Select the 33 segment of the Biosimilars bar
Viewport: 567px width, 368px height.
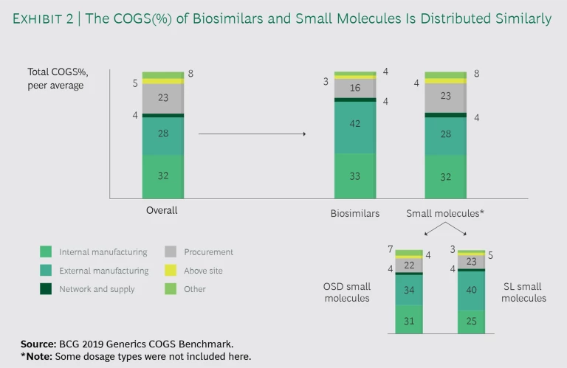[x=354, y=176]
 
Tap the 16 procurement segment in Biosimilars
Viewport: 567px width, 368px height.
[x=354, y=88]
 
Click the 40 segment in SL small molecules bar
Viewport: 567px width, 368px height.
[x=471, y=291]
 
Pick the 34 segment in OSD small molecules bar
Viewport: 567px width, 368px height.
[x=408, y=290]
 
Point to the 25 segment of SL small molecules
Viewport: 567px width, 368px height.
[x=471, y=322]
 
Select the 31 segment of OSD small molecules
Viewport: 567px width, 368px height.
[x=408, y=319]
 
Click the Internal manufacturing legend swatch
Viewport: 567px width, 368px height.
[x=45, y=252]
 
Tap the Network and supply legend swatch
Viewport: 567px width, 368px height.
[x=45, y=289]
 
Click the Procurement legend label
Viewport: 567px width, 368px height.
[x=208, y=252]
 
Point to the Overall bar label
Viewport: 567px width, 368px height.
[x=162, y=210]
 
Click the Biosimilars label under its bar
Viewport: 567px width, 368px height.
[x=354, y=213]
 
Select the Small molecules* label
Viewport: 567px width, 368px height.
[x=445, y=213]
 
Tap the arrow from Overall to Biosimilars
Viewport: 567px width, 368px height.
[x=252, y=134]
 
